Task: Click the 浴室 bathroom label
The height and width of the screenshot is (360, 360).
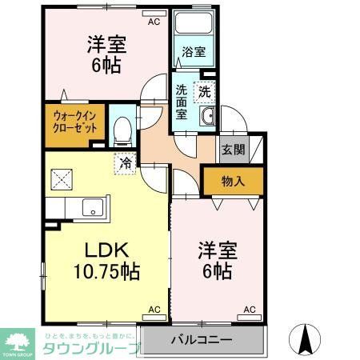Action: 193,52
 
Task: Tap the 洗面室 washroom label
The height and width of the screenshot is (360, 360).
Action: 182,102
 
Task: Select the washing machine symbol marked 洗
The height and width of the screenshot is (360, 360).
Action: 205,92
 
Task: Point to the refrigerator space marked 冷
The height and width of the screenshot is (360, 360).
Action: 126,162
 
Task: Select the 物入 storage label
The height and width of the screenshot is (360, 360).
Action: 232,182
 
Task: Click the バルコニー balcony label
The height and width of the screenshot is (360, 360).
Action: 202,339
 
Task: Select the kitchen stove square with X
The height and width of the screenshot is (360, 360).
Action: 61,177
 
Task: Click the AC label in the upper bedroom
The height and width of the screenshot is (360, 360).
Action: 154,23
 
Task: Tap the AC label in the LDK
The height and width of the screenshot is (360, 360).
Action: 154,309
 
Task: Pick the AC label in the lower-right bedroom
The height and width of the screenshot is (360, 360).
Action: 250,309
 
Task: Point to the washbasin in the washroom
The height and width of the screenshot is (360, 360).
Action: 207,117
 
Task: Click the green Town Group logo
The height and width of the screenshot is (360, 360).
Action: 18,339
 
